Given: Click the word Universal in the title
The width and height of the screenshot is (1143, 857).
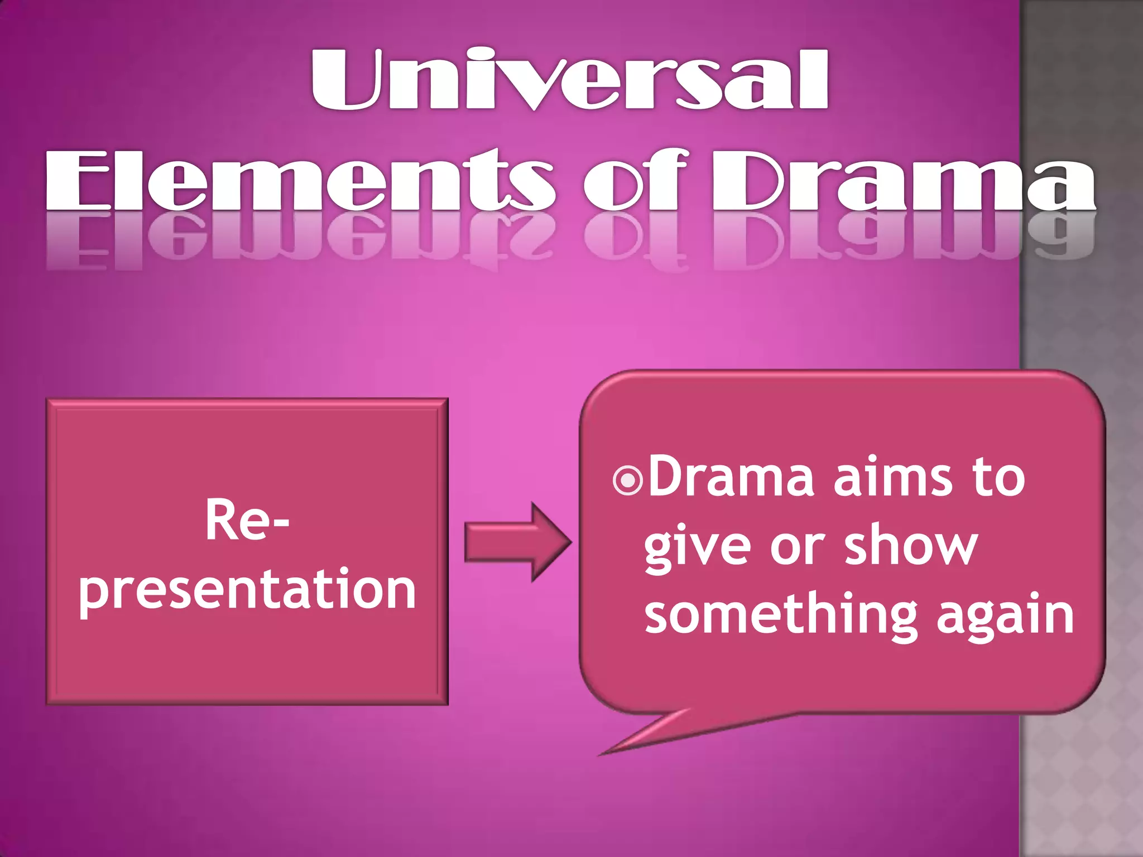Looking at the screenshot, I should coord(569,79).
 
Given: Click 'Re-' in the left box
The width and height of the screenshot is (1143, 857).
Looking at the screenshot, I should coord(247,520).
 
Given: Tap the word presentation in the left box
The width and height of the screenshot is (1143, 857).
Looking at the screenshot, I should coord(247,590).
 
